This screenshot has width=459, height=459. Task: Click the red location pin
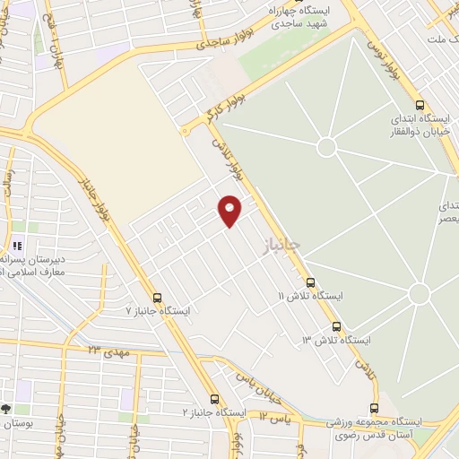[x=230, y=210]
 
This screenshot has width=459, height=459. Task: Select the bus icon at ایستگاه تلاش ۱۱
[x=310, y=281]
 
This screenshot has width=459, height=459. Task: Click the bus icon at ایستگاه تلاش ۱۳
[x=336, y=326]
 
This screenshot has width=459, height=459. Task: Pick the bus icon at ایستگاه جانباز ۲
[x=213, y=399]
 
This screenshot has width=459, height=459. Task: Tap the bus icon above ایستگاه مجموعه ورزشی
[x=377, y=407]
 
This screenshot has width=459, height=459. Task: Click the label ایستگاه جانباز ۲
[x=215, y=412]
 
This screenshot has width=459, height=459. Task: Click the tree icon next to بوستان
[x=6, y=408]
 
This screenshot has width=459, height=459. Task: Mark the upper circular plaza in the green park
[x=326, y=146]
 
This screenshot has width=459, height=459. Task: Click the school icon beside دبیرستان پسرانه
[x=15, y=244]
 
